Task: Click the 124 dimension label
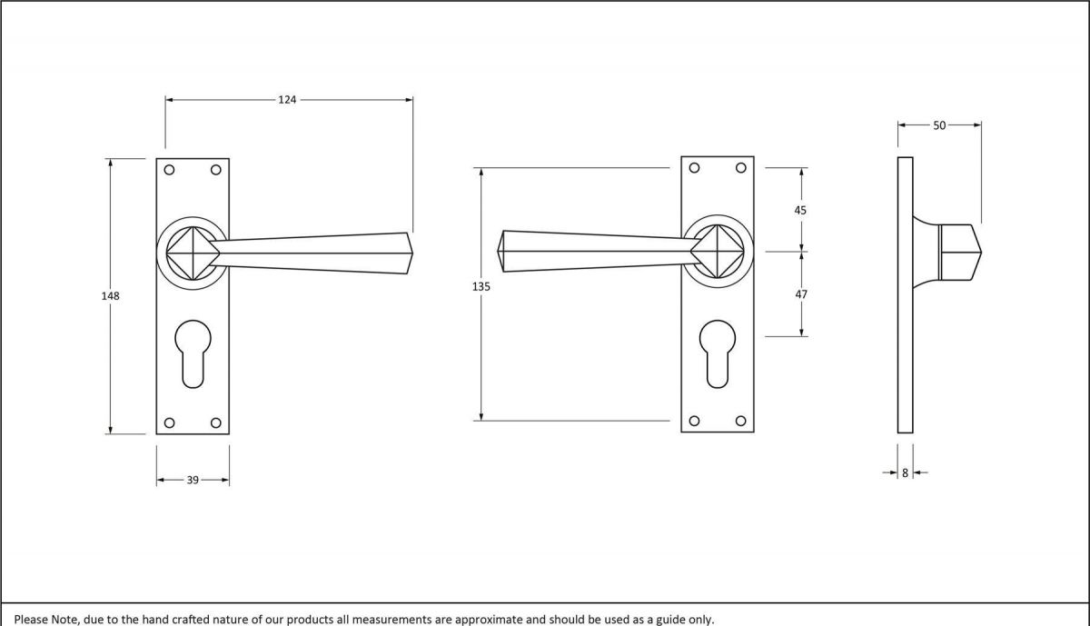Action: [x=287, y=99]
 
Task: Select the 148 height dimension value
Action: [x=111, y=296]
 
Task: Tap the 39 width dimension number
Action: [x=193, y=480]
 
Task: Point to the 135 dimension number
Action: [x=481, y=286]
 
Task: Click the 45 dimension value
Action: [x=800, y=210]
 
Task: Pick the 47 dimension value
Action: [x=800, y=294]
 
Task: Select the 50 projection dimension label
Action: [x=939, y=125]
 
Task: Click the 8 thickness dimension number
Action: [x=905, y=472]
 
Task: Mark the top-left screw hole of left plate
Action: [x=169, y=169]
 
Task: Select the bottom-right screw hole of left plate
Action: [x=216, y=422]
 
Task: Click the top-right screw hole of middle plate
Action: [x=741, y=167]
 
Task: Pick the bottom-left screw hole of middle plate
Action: [x=695, y=420]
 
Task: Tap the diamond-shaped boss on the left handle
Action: [x=193, y=251]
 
